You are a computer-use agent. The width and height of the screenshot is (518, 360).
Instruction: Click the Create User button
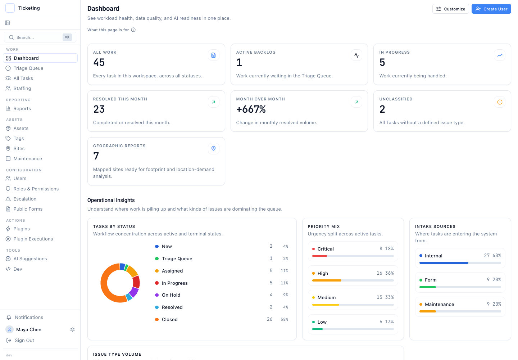(x=491, y=9)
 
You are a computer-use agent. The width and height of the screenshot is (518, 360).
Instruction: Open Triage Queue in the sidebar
(x=28, y=68)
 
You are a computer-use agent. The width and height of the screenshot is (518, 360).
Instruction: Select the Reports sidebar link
(x=22, y=108)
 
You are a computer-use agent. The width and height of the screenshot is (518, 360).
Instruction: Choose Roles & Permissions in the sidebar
(x=36, y=189)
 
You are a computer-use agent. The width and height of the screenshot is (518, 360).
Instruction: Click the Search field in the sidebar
(x=40, y=37)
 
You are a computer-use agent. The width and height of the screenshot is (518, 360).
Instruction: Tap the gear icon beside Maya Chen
(x=72, y=330)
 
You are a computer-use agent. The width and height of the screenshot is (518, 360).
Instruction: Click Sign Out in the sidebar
(x=24, y=340)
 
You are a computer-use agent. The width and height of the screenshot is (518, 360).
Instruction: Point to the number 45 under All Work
(x=99, y=62)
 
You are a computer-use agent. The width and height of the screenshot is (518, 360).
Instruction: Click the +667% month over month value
(x=251, y=109)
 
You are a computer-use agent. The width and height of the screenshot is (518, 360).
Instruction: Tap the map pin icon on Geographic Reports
(x=213, y=149)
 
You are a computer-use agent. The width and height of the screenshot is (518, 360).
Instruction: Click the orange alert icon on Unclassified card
(x=500, y=102)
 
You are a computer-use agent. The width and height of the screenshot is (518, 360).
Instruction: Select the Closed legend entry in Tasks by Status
(x=170, y=320)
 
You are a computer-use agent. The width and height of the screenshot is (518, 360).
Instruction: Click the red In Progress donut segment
(x=136, y=282)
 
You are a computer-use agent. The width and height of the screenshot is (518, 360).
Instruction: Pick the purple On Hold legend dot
(x=157, y=295)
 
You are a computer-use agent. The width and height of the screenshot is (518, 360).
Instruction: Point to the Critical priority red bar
(x=319, y=256)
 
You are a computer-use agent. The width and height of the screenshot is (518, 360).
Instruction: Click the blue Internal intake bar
(x=444, y=263)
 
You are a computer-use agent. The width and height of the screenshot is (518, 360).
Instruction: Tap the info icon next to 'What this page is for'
(x=133, y=30)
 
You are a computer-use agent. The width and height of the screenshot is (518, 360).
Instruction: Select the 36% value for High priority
(x=390, y=273)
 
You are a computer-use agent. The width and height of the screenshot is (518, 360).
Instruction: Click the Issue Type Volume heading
(x=117, y=354)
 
